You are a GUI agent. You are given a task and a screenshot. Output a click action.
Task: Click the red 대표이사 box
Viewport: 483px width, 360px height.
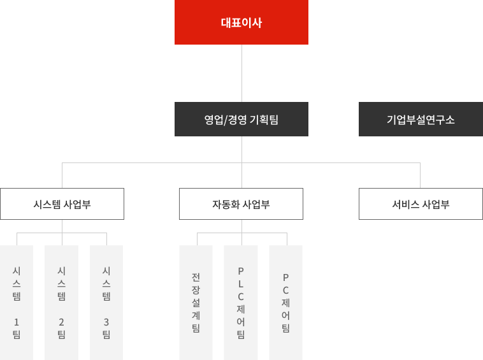click(x=242, y=22)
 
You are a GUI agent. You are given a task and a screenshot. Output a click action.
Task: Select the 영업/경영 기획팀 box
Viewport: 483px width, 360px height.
click(x=242, y=119)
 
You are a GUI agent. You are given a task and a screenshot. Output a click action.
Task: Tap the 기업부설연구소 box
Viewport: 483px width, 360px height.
click(x=421, y=119)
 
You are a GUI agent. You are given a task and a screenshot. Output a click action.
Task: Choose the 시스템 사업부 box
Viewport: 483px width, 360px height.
click(x=62, y=205)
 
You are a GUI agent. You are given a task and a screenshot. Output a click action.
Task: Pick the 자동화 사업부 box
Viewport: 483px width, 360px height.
click(x=241, y=205)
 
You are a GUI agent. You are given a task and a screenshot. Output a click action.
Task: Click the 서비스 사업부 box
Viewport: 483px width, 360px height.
click(x=421, y=205)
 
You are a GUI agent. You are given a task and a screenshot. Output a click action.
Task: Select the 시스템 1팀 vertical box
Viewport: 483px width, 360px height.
click(x=17, y=302)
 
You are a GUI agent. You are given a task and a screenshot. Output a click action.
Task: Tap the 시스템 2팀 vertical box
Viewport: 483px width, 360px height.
click(x=61, y=302)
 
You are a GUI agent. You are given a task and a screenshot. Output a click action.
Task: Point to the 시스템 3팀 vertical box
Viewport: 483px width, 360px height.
click(x=106, y=302)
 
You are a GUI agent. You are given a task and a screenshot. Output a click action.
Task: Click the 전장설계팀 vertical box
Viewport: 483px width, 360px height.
click(x=196, y=302)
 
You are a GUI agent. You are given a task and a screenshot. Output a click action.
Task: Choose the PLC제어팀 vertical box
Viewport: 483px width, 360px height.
click(x=241, y=302)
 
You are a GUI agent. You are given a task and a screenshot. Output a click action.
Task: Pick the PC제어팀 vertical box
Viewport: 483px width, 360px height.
click(x=285, y=302)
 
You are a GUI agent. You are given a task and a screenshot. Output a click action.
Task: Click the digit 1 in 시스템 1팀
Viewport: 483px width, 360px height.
click(x=17, y=321)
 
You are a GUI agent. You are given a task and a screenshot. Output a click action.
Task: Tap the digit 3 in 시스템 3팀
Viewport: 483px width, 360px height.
click(x=106, y=321)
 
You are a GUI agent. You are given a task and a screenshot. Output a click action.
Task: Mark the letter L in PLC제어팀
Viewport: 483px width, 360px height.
click(x=241, y=283)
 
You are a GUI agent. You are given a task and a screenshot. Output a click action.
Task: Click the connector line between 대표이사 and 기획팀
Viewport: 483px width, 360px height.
click(x=242, y=73)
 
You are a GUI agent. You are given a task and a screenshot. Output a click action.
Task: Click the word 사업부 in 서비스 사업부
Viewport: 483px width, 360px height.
click(x=436, y=205)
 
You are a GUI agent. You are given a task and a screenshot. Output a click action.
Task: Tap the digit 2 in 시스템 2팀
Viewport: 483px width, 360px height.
click(x=61, y=321)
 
